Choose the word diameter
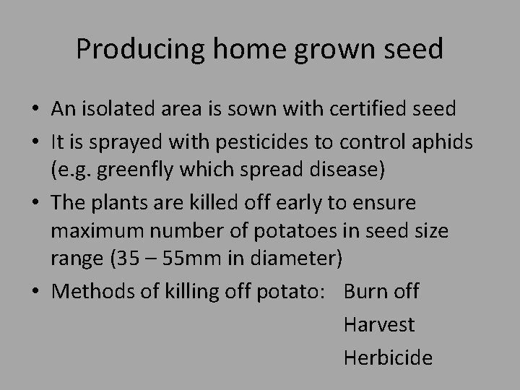pyautogui.click(x=289, y=258)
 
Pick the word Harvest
pyautogui.click(x=379, y=324)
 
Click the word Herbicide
pyautogui.click(x=388, y=357)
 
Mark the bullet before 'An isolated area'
pyautogui.click(x=35, y=110)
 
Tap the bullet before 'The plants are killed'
pyautogui.click(x=35, y=204)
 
